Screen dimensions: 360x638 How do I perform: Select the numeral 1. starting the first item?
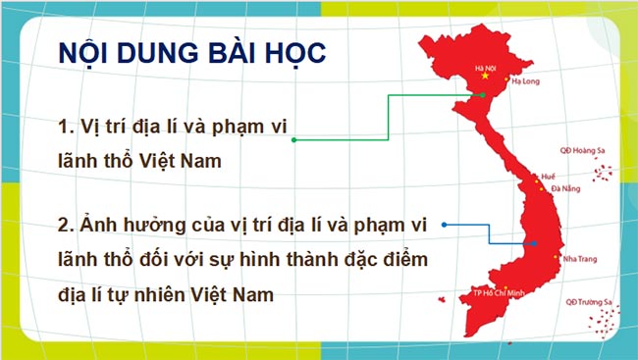point(67,127)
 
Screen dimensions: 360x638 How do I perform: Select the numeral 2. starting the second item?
point(67,227)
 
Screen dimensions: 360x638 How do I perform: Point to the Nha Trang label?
point(579,259)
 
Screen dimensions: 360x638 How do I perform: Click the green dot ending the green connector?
point(293,140)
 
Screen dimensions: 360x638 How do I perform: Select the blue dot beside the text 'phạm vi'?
point(445,226)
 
